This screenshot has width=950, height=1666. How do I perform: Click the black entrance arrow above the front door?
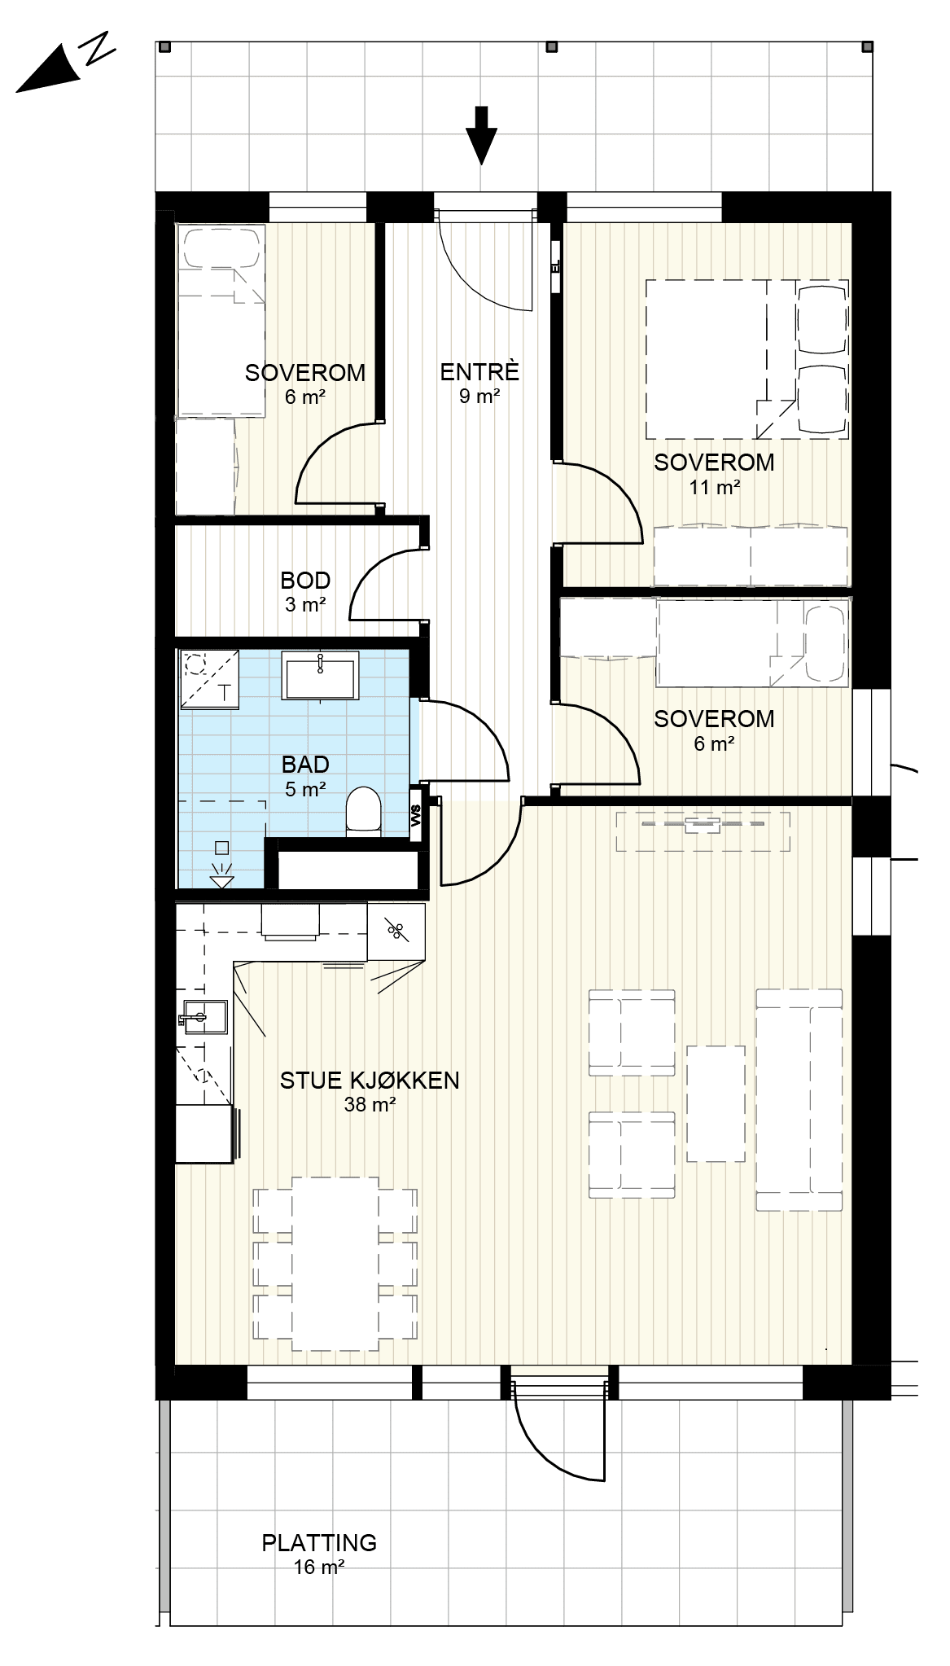[482, 135]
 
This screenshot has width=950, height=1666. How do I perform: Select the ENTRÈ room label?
[479, 372]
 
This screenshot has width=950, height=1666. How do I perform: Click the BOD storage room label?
[305, 581]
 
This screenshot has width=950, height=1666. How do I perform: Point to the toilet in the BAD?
[363, 810]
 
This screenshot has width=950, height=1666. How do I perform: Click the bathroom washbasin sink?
[321, 674]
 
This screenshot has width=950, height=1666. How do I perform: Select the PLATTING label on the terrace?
[319, 1542]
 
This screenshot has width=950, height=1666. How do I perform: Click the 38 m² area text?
[370, 1105]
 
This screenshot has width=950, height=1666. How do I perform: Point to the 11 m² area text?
[714, 488]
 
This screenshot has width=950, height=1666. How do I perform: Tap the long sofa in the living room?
[799, 1100]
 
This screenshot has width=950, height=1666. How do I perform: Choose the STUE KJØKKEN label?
[370, 1081]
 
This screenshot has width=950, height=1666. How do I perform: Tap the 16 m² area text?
[319, 1567]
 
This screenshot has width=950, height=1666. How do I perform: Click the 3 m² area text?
[305, 605]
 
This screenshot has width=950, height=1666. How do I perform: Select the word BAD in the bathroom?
[305, 765]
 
